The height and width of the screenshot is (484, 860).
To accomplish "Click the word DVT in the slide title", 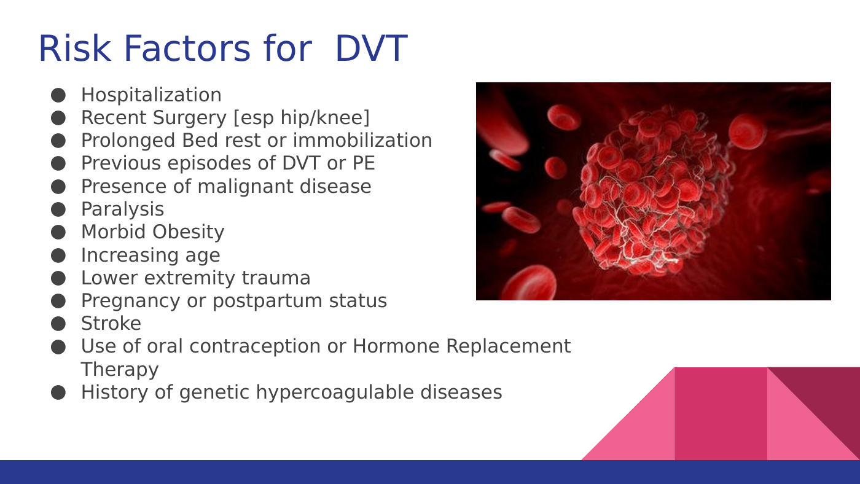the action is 371,49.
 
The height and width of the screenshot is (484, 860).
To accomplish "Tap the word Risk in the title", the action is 75,49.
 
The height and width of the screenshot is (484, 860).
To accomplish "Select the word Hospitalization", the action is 151,95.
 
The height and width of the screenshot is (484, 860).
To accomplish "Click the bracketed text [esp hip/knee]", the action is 302,118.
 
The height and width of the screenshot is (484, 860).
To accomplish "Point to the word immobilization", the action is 362,140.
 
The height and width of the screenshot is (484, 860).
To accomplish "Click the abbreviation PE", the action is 363,163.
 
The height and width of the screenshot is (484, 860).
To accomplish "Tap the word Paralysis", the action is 122,209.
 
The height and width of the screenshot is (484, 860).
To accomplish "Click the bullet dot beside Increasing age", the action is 58,256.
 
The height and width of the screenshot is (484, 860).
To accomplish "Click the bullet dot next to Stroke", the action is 58,324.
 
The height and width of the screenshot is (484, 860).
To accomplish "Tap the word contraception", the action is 254,346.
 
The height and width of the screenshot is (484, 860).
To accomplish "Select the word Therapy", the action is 119,370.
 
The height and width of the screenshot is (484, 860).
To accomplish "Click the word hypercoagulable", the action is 335,392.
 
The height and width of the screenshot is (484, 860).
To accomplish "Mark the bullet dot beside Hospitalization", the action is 58,95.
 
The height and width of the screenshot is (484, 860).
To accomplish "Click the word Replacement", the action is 509,346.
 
